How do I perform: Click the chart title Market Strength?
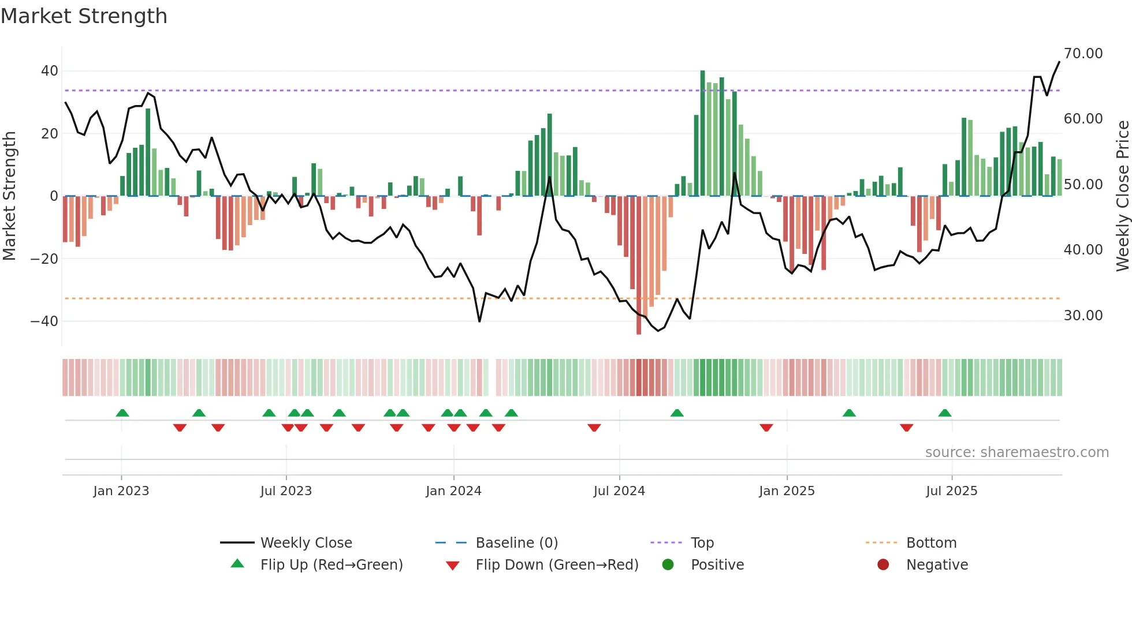click(84, 16)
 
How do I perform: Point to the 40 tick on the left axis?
click(50, 71)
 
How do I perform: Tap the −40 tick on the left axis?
click(44, 321)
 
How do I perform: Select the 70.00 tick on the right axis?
click(1083, 54)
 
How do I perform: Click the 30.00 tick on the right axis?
click(1083, 316)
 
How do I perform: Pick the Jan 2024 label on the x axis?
click(453, 491)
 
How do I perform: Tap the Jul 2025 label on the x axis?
click(951, 491)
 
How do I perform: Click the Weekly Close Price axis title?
click(1122, 196)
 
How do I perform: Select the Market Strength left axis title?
click(10, 196)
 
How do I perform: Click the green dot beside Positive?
click(668, 564)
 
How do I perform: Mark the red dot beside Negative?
click(883, 564)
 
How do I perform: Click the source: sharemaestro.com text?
click(1016, 452)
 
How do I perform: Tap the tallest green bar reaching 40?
click(702, 133)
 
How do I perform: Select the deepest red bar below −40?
click(639, 265)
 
